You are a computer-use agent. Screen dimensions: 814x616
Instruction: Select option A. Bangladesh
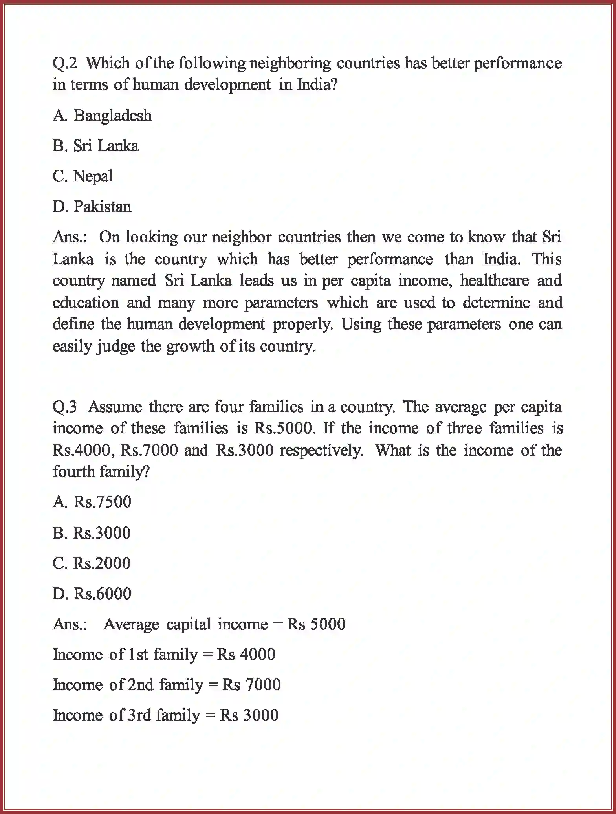102,116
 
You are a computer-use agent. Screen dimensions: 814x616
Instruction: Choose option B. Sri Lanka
95,146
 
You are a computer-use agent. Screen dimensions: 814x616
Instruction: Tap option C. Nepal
82,176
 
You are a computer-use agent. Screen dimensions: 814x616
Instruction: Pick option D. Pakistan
92,207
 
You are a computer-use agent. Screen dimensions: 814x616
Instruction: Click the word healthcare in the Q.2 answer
494,281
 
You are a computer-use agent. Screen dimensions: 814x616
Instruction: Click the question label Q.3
65,407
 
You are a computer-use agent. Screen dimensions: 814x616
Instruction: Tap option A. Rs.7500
92,502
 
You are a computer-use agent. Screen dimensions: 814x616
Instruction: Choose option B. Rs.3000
92,533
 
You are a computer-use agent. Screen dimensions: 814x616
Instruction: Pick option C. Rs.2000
92,563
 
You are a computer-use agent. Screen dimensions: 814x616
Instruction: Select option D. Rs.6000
92,594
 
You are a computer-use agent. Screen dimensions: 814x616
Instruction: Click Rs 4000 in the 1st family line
246,654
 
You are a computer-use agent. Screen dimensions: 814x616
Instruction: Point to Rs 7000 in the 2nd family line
251,685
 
